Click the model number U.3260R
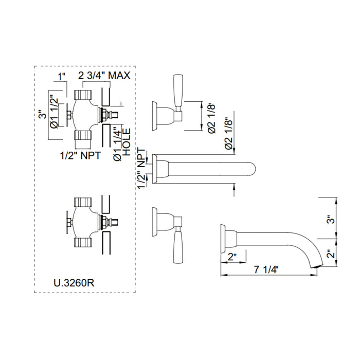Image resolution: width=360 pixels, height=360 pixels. [74, 283]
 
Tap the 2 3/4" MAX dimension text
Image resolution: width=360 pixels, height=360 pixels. [104, 76]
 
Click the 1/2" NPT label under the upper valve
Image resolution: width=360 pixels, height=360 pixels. [80, 156]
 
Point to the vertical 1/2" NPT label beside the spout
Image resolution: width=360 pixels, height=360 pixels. [142, 168]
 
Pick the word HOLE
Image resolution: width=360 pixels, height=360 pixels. [127, 142]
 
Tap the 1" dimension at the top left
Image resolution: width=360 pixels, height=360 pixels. [62, 77]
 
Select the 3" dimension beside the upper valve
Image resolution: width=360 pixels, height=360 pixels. [43, 115]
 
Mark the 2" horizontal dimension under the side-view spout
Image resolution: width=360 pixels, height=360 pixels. [232, 257]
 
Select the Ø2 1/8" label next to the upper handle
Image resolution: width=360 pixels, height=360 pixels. [212, 118]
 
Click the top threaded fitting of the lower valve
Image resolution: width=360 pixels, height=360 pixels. [83, 202]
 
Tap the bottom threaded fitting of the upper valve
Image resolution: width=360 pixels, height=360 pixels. [83, 135]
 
